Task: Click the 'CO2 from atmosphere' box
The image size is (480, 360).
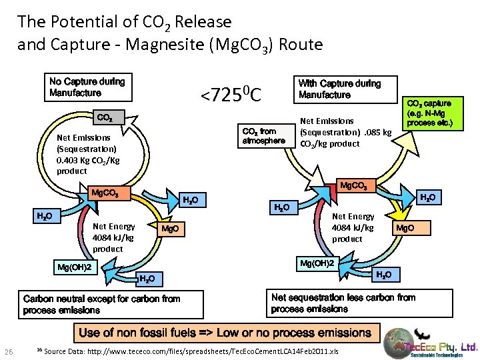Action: pos(263,136)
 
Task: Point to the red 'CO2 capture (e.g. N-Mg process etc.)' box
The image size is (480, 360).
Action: pos(429,113)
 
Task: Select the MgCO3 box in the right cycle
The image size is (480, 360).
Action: pos(359,185)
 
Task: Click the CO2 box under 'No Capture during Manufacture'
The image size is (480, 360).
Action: pos(105,118)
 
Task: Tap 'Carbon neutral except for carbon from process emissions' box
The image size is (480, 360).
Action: pos(101,305)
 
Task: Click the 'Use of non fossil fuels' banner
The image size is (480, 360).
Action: pos(225,333)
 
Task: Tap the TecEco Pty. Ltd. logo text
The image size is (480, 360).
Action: pos(443,347)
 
